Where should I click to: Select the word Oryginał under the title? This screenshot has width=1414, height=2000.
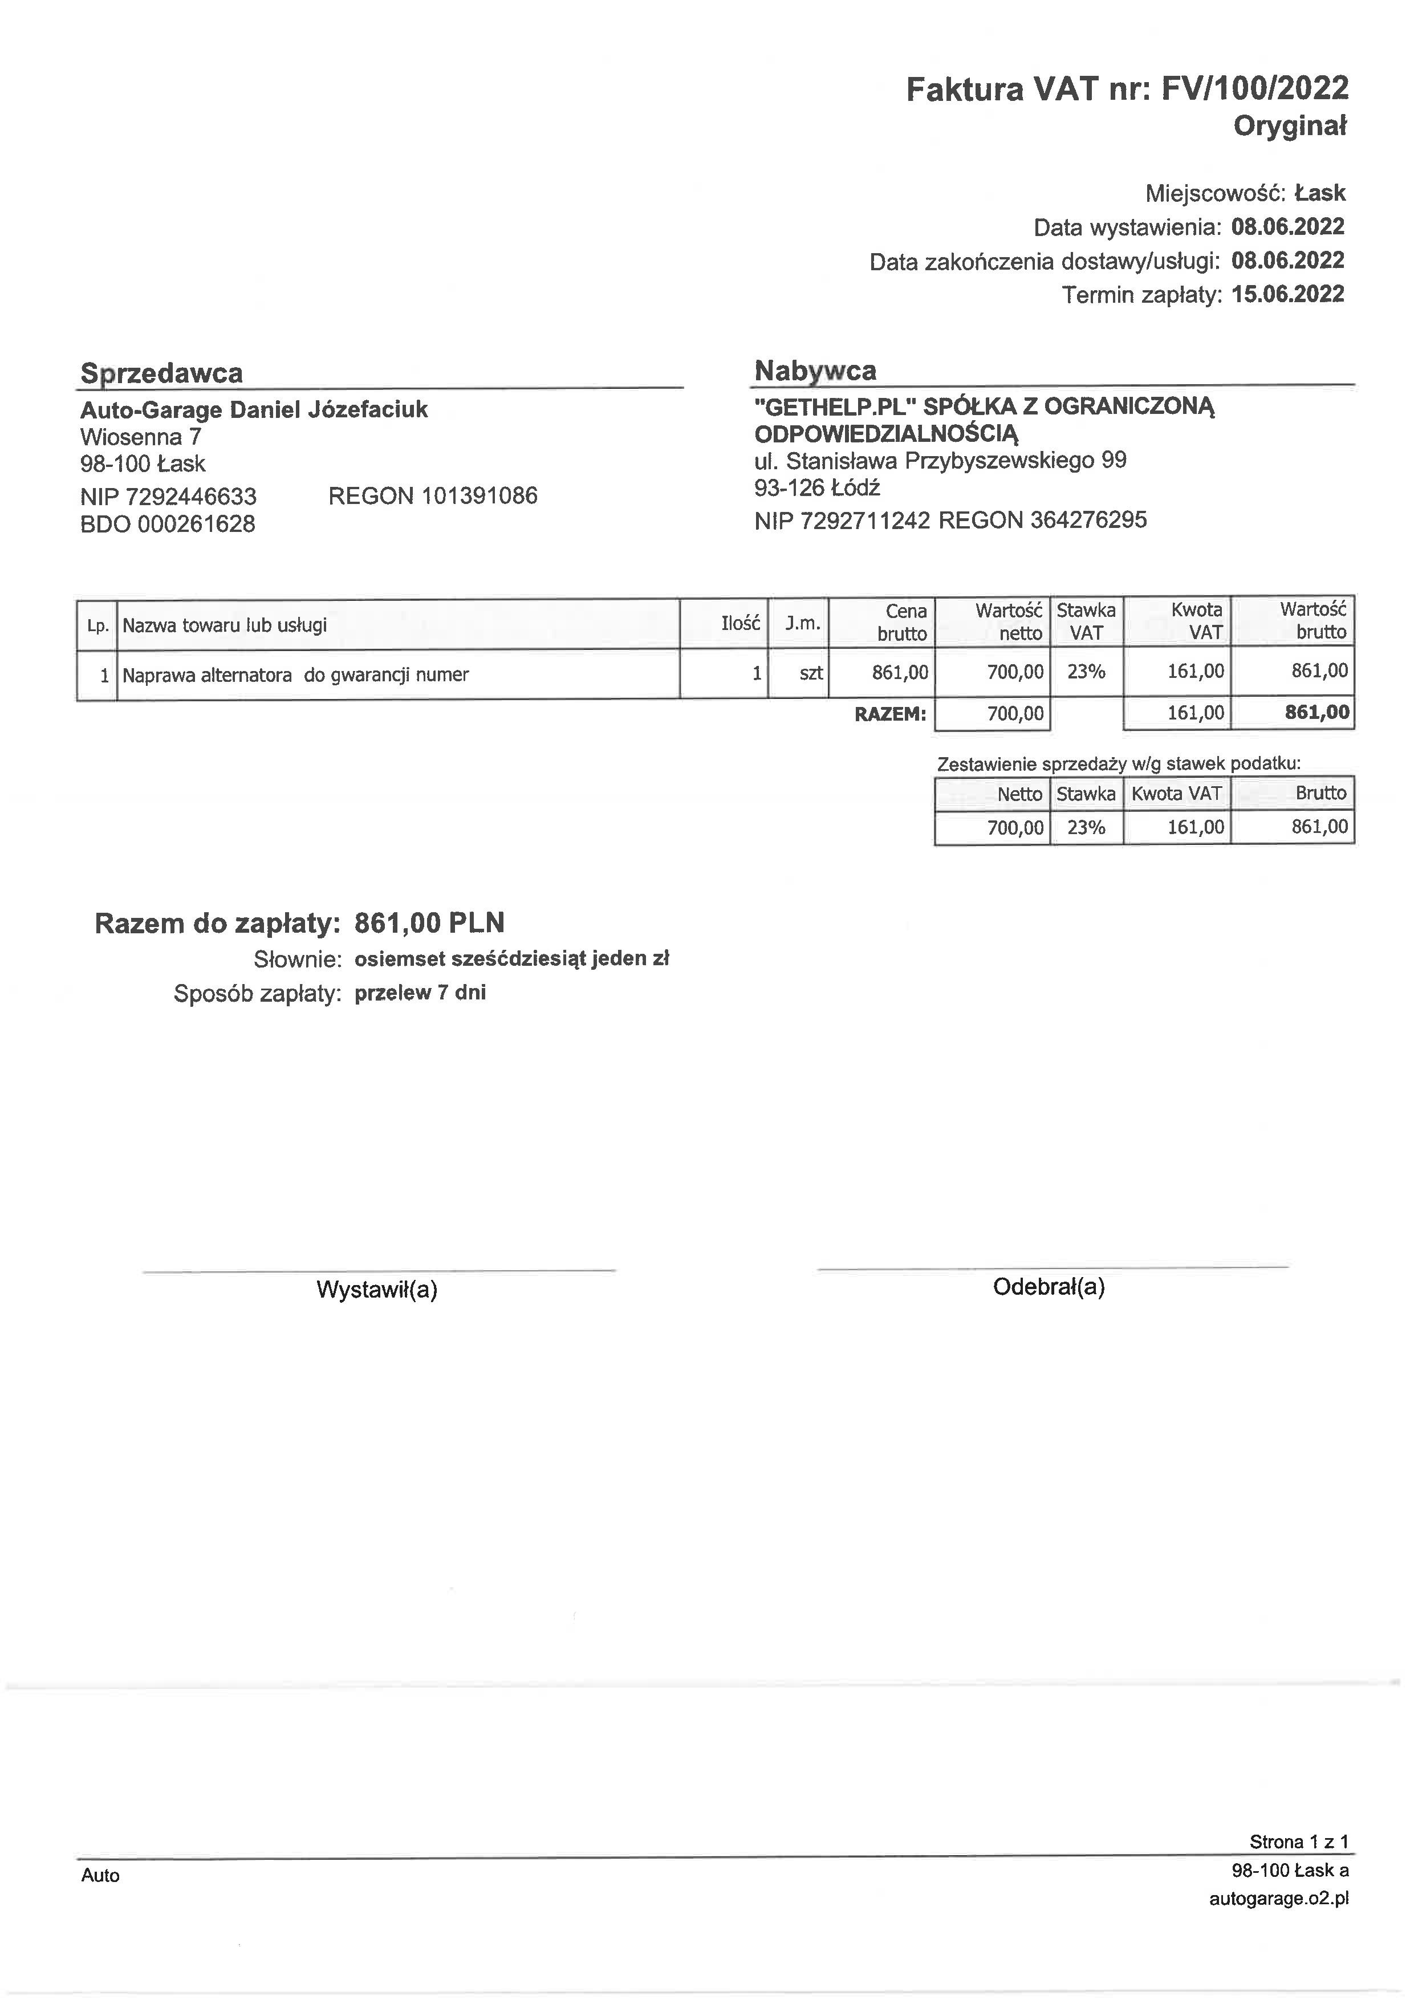pos(1289,127)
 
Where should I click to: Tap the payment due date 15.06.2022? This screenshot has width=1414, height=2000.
pos(1287,294)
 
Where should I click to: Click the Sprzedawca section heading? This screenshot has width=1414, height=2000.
pos(161,373)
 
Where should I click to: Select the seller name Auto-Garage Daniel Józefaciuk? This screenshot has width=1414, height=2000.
pos(254,409)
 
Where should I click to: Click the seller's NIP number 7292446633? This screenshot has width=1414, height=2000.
pos(191,497)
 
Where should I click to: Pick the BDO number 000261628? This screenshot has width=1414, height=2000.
pos(196,525)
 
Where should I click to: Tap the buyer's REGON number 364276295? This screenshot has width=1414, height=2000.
pos(1088,521)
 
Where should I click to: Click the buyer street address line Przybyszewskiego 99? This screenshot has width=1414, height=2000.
pos(940,460)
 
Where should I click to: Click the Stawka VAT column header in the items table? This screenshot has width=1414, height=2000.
pos(1086,621)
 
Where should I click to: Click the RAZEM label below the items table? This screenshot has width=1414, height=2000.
pos(889,714)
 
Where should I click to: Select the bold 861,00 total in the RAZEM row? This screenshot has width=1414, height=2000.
pos(1317,713)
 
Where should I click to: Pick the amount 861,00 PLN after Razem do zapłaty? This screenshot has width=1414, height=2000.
pos(429,922)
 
